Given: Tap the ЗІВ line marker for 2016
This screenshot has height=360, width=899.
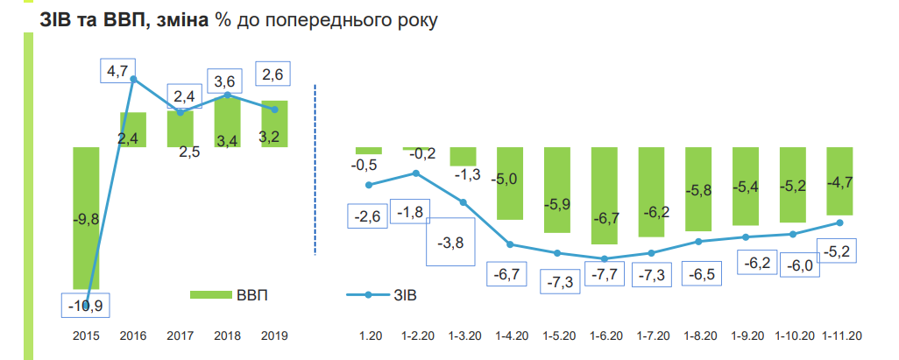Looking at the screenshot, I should point(133,79).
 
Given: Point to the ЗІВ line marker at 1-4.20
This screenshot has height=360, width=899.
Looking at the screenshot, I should point(510,244).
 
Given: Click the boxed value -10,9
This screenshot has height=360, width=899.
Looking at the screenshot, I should point(86,305).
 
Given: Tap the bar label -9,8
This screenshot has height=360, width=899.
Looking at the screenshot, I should point(85,221).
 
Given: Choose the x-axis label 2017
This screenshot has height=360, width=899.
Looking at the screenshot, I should point(180,335).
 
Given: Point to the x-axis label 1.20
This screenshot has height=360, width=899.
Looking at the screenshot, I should point(370,335).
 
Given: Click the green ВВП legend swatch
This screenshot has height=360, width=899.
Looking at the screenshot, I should point(208,295).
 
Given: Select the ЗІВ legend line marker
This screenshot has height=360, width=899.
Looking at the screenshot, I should point(369,295).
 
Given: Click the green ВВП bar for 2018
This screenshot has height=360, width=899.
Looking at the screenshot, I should point(227,122).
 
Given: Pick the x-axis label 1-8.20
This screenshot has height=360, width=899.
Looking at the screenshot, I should point(699,335).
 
